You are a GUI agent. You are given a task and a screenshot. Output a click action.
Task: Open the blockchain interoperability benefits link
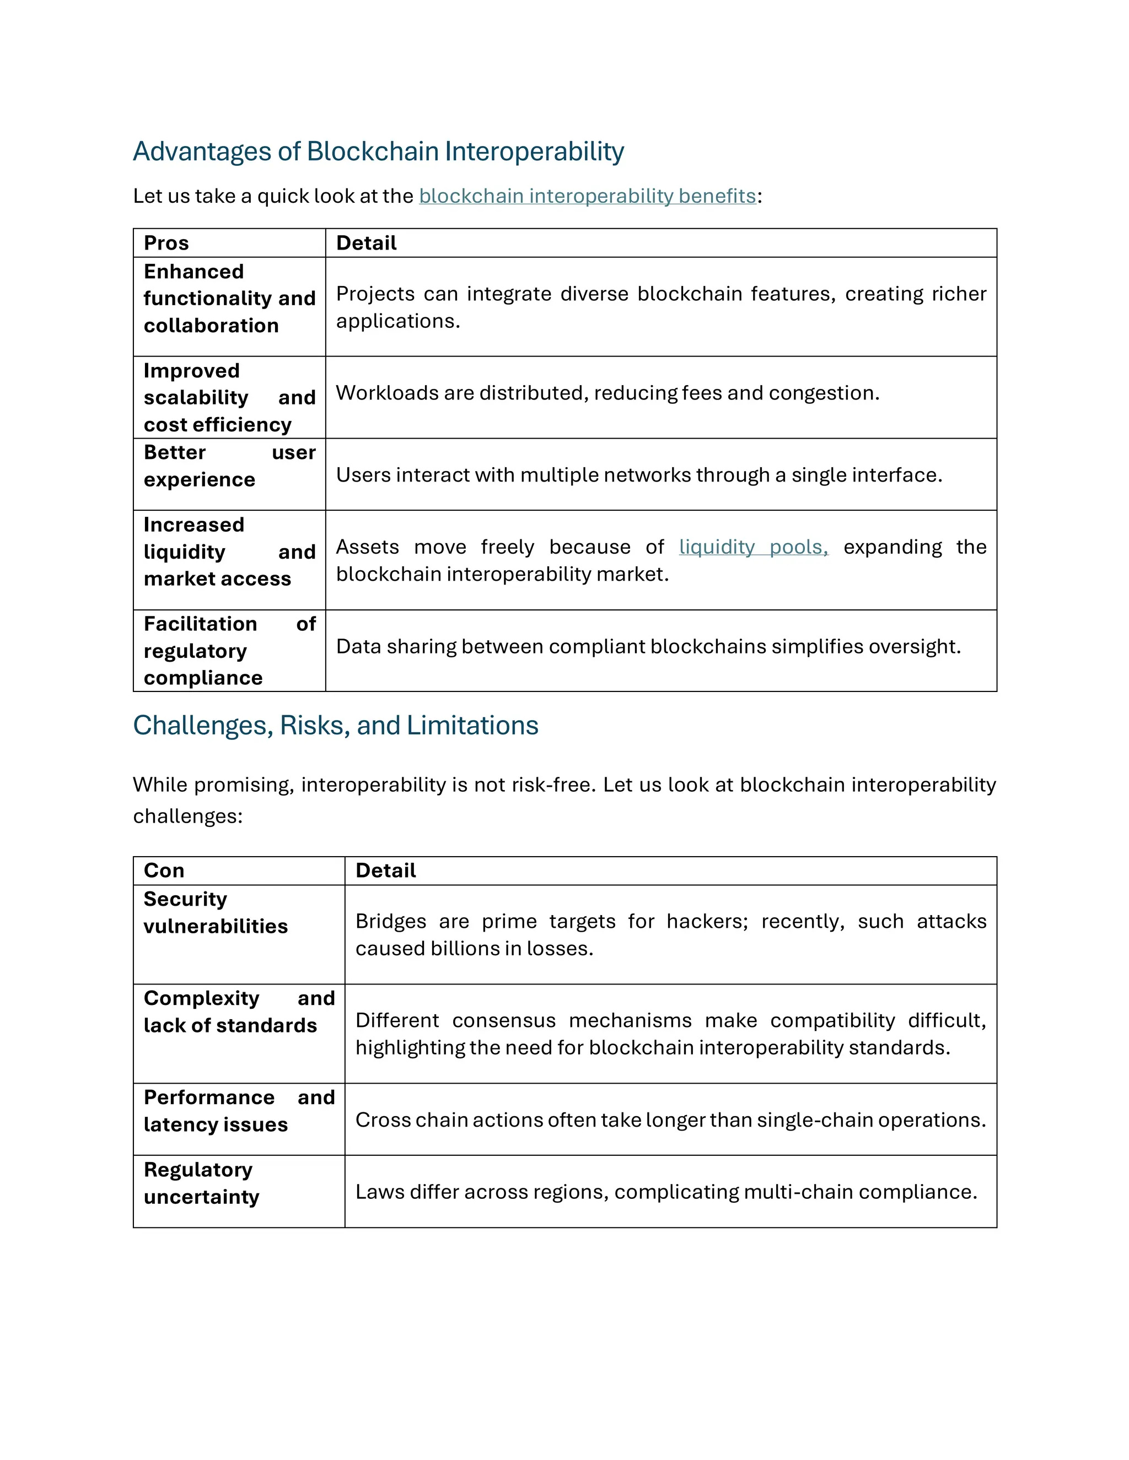587,196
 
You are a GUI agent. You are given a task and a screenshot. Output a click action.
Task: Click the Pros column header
166,242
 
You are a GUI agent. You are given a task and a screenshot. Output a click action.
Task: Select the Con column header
164,870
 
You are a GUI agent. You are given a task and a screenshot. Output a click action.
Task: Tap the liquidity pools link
752,547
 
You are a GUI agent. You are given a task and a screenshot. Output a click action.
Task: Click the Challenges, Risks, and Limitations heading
335,726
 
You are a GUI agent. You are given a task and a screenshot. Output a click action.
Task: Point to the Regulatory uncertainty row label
201,1183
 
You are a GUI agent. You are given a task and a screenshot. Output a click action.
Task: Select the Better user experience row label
200,466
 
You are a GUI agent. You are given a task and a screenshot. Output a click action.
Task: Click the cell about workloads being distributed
607,393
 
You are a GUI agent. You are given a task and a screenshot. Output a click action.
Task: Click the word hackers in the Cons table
706,921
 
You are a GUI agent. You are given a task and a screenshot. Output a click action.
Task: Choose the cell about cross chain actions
670,1120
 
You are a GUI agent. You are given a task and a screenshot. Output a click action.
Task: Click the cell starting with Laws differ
665,1192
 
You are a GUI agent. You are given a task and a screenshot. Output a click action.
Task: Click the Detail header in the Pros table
366,242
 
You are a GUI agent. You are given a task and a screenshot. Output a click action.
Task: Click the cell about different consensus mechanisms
670,1034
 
